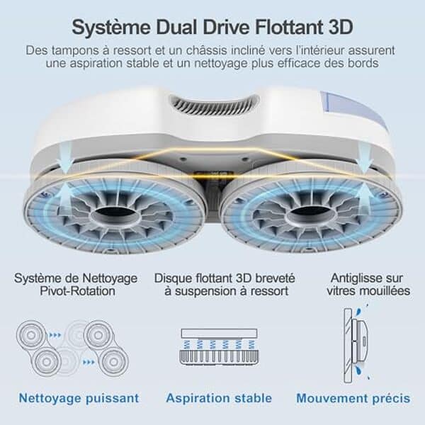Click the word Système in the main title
(x=111, y=28)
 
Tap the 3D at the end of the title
(x=341, y=27)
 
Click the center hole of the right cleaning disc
(x=312, y=216)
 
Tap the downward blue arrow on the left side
(x=66, y=158)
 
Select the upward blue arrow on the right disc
(x=363, y=196)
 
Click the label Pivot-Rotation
(x=77, y=291)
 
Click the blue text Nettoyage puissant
(x=79, y=398)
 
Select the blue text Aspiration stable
(x=219, y=398)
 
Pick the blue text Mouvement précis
(x=353, y=398)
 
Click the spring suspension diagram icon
(x=219, y=347)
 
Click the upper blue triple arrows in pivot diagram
(x=55, y=335)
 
